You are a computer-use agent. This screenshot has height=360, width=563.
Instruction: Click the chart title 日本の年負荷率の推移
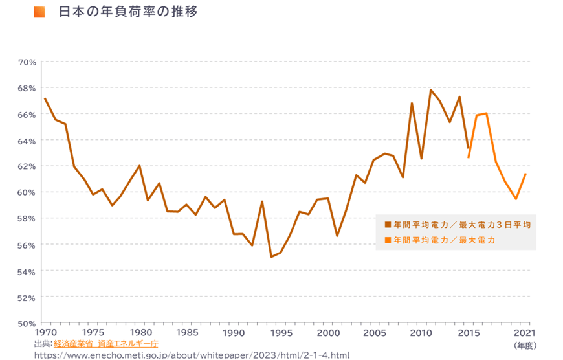pos(127,12)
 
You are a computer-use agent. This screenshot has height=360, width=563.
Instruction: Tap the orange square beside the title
pos(39,12)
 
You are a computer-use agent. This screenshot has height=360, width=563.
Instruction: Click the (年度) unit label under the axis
pos(525,346)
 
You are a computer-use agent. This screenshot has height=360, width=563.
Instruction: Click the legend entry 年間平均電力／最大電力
pos(440,240)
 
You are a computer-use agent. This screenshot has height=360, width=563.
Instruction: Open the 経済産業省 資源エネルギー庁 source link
pos(106,343)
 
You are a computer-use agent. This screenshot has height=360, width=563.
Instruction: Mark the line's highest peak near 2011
pos(430,90)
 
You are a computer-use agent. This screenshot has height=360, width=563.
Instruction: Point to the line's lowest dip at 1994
pos(271,257)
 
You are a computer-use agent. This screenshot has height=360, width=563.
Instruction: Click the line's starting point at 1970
pos(45,99)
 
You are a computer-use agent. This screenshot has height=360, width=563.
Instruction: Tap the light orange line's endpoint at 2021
pos(525,174)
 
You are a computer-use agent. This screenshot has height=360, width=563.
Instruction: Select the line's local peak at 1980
pos(139,166)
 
